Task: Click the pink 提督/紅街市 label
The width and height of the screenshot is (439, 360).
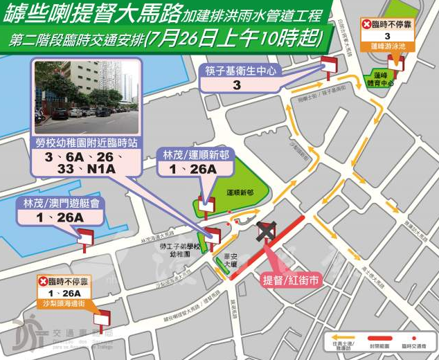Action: pyautogui.click(x=291, y=280)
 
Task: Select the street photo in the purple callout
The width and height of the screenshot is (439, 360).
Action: pyautogui.click(x=87, y=97)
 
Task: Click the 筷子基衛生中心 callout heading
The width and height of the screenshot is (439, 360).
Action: pyautogui.click(x=236, y=71)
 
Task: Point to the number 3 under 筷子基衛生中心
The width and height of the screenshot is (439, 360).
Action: pyautogui.click(x=236, y=86)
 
